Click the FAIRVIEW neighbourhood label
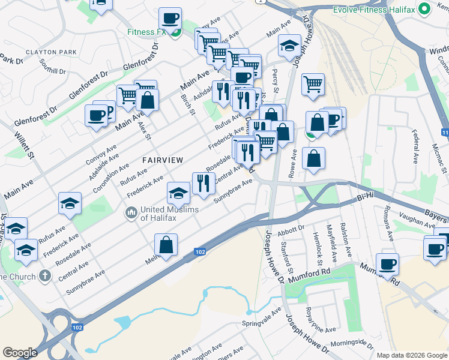(x=158, y=160)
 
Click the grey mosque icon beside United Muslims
(x=130, y=212)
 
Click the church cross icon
(x=44, y=276)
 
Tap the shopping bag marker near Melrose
(x=166, y=244)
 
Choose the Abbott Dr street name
(x=292, y=229)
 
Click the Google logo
(x=20, y=353)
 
